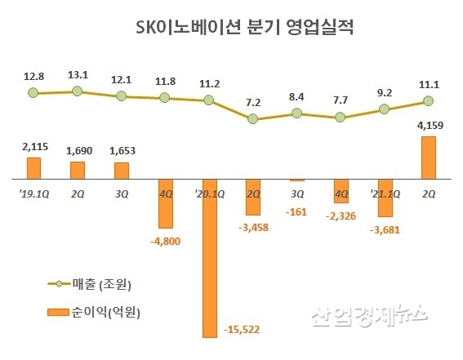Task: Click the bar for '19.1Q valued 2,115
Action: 33,168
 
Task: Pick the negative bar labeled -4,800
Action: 165,203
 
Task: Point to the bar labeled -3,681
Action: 385,198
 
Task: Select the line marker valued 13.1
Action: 77,91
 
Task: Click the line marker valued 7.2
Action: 252,118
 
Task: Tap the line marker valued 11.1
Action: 427,102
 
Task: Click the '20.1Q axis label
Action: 210,193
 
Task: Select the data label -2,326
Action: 342,216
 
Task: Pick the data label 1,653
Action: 121,151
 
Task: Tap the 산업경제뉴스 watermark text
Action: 368,314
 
